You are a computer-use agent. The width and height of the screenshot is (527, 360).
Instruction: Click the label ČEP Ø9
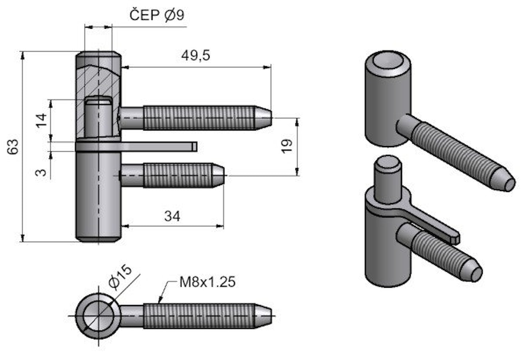(157, 16)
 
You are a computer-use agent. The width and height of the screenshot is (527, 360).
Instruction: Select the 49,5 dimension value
(195, 55)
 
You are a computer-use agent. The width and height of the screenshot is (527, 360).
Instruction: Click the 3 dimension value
(41, 172)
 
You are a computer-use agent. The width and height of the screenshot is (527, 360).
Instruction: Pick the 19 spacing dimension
(287, 146)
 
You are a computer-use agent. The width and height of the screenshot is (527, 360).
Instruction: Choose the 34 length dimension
(172, 216)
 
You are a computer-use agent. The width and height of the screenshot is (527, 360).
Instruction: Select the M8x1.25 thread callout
(207, 282)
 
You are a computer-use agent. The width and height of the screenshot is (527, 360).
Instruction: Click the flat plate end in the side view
(194, 146)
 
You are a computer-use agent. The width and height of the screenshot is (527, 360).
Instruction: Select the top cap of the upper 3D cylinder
(387, 62)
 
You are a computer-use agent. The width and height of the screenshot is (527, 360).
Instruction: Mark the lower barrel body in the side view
(98, 196)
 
